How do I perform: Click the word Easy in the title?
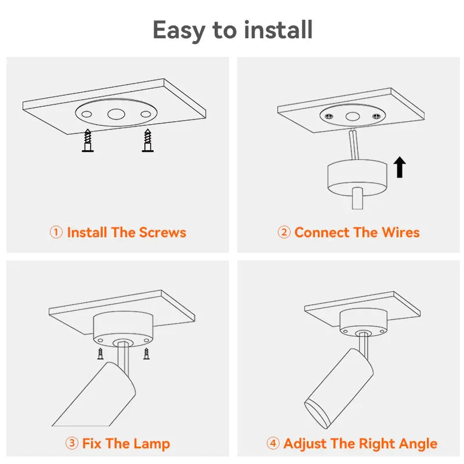pos(179,30)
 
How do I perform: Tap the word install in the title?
pos(278,30)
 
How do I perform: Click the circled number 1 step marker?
pos(56,233)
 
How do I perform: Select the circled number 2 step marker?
pos(284,233)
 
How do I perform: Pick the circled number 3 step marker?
pos(71,443)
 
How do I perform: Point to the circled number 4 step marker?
pos(273,443)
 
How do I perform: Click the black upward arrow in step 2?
pos(400,167)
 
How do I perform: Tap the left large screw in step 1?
pos(88,140)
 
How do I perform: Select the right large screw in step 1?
pos(148,140)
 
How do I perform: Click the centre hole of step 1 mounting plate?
pos(116,114)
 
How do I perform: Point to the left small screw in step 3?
pos(100,354)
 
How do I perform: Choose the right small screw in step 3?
pos(147,354)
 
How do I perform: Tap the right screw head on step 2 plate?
pos(376,117)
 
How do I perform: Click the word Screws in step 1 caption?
pos(162,233)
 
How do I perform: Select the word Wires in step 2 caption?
pos(401,233)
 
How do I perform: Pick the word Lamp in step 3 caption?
pos(151,444)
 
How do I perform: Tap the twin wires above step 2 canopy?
pos(354,144)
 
